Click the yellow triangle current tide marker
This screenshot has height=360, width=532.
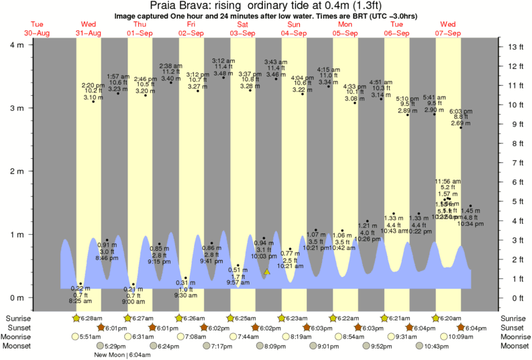click(267, 272)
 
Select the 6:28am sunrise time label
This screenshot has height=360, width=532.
click(91, 318)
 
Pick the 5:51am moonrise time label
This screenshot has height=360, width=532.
click(91, 337)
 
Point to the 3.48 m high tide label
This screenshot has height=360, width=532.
click(223, 72)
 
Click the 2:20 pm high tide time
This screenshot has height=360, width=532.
click(93, 85)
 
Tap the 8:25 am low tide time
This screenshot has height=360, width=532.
click(80, 301)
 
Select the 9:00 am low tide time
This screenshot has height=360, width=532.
click(134, 301)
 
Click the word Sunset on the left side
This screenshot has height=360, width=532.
click(17, 327)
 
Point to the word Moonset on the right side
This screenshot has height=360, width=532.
click(514, 346)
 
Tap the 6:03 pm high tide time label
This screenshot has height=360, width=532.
click(460, 111)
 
